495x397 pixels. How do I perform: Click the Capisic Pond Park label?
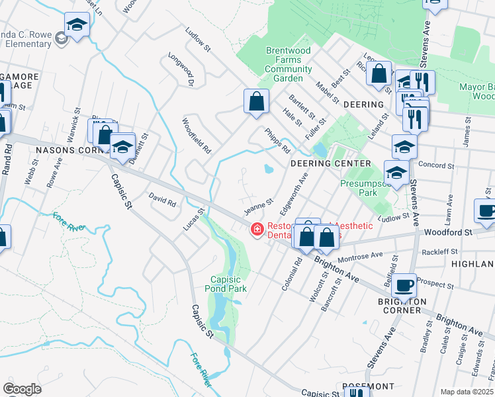tap(228, 284)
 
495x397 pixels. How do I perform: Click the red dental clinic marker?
tap(256, 230)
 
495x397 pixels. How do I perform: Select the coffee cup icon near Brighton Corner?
tap(404, 286)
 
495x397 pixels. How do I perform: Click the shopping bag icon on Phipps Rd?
tap(256, 103)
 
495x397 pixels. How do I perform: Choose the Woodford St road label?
tap(449, 232)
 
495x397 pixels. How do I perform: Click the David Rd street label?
tap(162, 200)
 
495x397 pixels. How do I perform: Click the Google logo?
tap(22, 389)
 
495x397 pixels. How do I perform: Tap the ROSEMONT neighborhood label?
tap(368, 386)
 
